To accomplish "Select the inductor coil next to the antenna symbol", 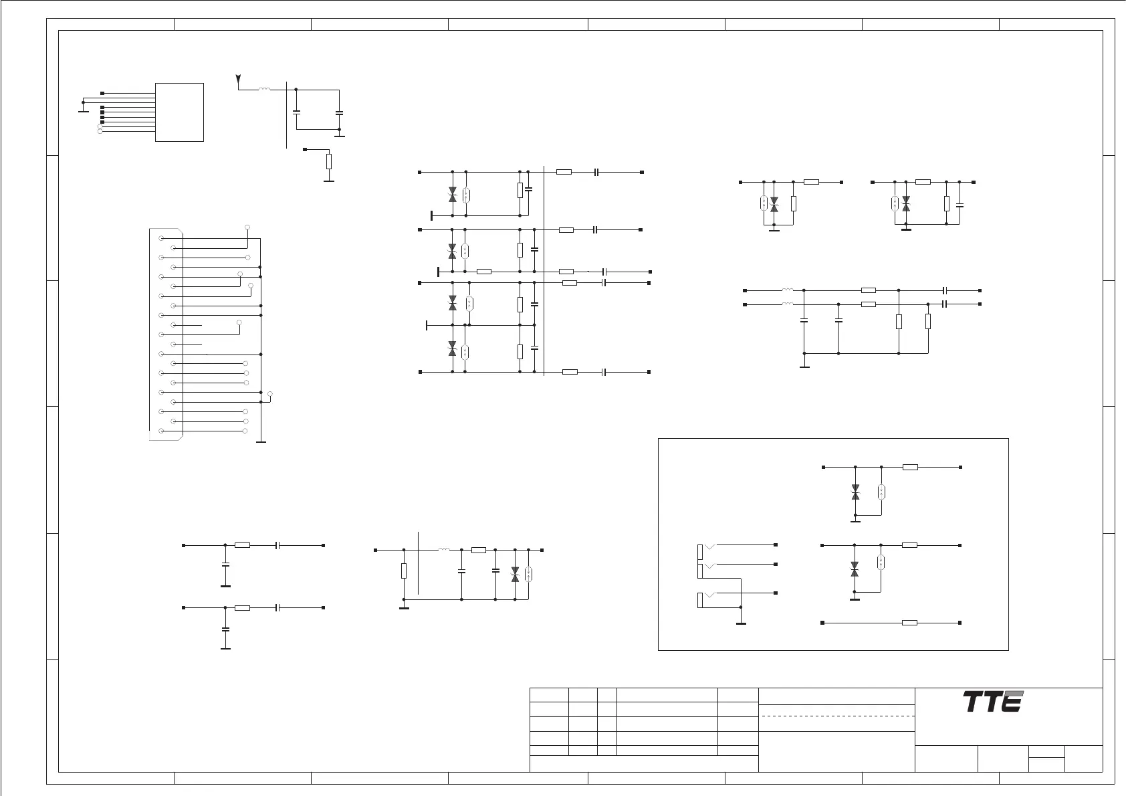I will [x=264, y=89].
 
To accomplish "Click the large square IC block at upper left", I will [x=179, y=112].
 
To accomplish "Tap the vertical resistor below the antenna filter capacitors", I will [x=328, y=161].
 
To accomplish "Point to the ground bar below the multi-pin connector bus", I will [x=261, y=442].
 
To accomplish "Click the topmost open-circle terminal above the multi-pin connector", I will [x=248, y=227].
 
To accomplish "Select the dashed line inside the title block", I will [x=837, y=716].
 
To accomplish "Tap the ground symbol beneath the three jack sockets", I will [x=741, y=623].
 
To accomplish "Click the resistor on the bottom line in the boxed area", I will [x=909, y=623].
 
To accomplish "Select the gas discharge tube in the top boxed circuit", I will [x=882, y=492].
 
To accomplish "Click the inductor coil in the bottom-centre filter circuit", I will [x=444, y=550].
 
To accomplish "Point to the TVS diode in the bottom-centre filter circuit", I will [x=515, y=574].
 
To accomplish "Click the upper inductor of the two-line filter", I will [x=788, y=290].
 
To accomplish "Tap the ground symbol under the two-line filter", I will [x=804, y=366].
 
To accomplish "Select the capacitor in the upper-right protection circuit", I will [x=960, y=204].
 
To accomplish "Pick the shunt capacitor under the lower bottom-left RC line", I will [x=225, y=629].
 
